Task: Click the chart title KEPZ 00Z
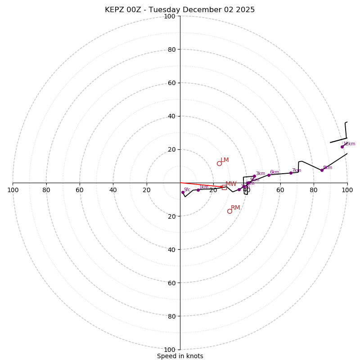pos(180,10)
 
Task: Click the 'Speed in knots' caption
pos(180,356)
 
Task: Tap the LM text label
pos(225,160)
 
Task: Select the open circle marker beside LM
pos(219,163)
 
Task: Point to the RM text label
pos(235,208)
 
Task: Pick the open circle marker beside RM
pos(229,211)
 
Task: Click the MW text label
pos(231,184)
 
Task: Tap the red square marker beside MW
pos(224,187)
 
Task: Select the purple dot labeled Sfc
pos(183,192)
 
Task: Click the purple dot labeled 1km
pos(198,190)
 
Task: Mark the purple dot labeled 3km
pos(254,176)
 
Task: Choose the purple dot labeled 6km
pos(269,175)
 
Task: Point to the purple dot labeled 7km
pos(291,173)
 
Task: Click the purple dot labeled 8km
pos(322,170)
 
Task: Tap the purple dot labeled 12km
pos(342,147)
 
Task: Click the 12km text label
pos(349,144)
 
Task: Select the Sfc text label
pos(187,189)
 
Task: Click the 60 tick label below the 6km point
pos(280,190)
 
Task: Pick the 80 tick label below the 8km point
pos(313,190)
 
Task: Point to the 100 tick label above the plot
pos(170,16)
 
